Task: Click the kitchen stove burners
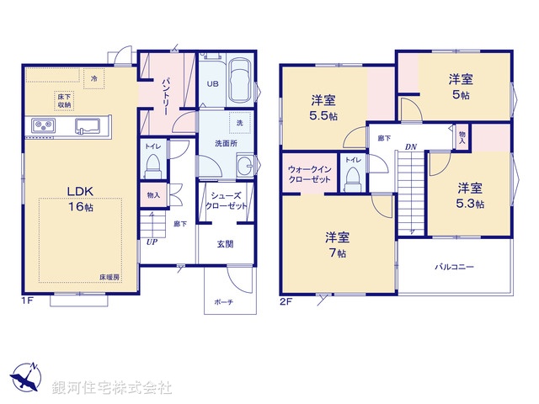pos(43,127)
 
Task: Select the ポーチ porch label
pos(223,301)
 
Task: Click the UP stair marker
pos(152,242)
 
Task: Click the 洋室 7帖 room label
pos(338,243)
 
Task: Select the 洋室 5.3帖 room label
pos(470,195)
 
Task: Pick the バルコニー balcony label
pos(454,267)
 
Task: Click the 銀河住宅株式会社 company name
pos(112,388)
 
